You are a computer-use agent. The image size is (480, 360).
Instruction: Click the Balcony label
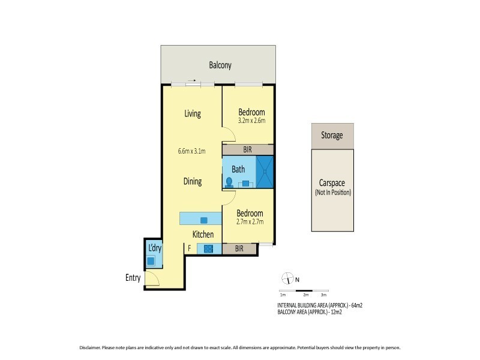point(220,65)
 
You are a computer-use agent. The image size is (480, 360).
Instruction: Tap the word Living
point(192,113)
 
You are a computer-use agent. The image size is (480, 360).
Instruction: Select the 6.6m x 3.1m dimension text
point(192,151)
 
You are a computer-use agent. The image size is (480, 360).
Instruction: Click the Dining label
point(192,181)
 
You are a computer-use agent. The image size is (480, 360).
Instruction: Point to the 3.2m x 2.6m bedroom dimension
point(251,121)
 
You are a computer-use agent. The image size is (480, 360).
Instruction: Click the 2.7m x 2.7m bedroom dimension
point(249,222)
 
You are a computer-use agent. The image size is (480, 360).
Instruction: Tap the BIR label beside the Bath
point(247,150)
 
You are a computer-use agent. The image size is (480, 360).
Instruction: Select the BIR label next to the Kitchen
point(239,248)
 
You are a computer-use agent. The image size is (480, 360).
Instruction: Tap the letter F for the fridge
point(190,248)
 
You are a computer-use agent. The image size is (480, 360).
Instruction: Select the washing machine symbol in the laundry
point(151,261)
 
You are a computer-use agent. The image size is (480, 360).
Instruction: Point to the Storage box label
point(332,136)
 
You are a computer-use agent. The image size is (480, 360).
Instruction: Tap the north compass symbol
point(287,279)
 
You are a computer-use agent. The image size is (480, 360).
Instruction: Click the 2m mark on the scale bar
point(305,295)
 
